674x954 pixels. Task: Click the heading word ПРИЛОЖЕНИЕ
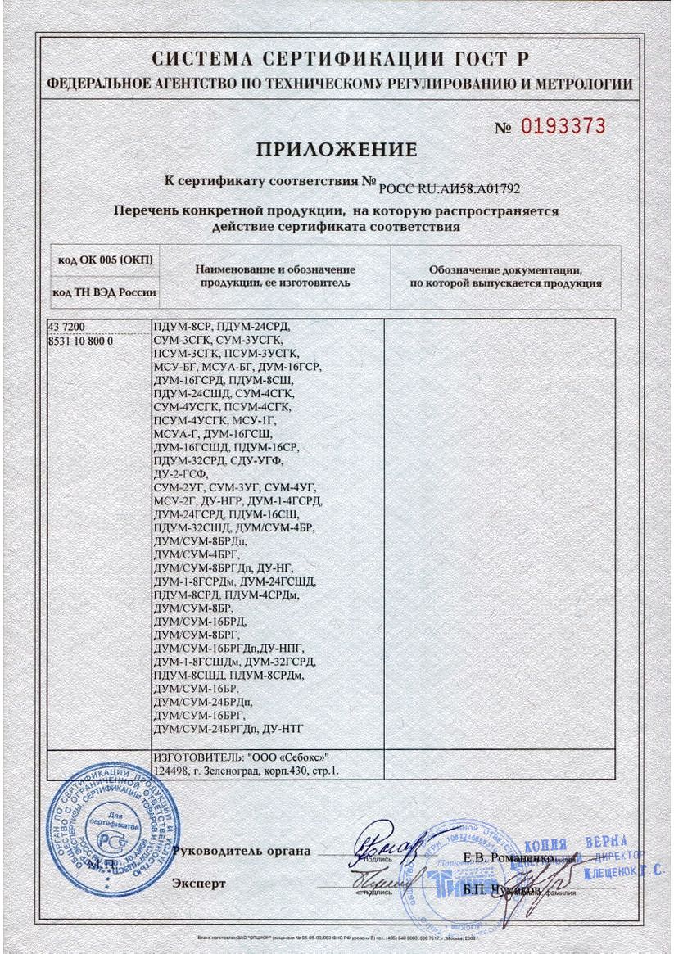coord(337,150)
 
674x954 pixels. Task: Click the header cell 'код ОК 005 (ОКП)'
coord(105,260)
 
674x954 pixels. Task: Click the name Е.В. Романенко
coord(508,857)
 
